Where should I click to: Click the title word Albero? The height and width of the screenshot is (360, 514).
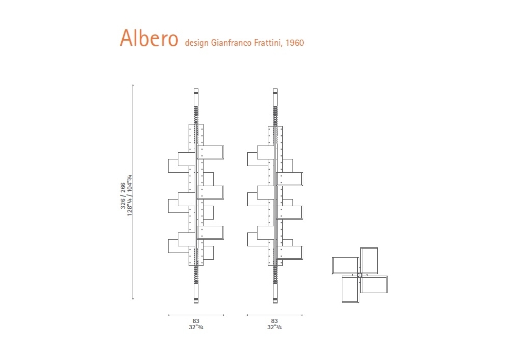coord(149,38)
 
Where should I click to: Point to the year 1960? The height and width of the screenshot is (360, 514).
coord(295,43)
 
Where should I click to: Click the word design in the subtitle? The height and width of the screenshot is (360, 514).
coord(197,43)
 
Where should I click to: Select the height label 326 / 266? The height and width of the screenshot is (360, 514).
coord(123,195)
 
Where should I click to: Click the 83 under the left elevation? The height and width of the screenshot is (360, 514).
coord(196,321)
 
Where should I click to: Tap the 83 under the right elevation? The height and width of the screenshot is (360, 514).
coord(274,321)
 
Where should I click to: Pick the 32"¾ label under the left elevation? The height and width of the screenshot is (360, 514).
coord(196,327)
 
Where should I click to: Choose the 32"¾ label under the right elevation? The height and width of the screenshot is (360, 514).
coord(274,327)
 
